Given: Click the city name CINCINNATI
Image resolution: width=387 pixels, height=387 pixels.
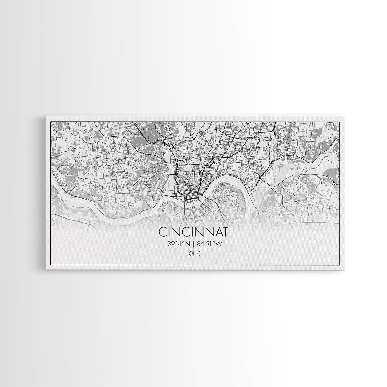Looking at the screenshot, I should click(x=195, y=232).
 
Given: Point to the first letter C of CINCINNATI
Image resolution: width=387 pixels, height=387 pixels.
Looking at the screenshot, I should click(x=163, y=232).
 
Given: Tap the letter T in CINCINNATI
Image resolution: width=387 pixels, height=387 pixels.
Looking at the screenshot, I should click(x=224, y=232).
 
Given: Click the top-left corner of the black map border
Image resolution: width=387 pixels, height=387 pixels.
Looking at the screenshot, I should click(x=51, y=122).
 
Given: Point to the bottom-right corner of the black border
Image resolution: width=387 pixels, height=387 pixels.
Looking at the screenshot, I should click(x=340, y=265).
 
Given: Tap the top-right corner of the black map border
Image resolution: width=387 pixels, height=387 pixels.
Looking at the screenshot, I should click(x=340, y=122).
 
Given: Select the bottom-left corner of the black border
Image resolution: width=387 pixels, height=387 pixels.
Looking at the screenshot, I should click(x=51, y=265).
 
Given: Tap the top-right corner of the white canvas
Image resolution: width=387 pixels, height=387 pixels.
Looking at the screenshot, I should click(x=345, y=115).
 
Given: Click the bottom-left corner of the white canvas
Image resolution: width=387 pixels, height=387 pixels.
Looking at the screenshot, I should click(x=46, y=270).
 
